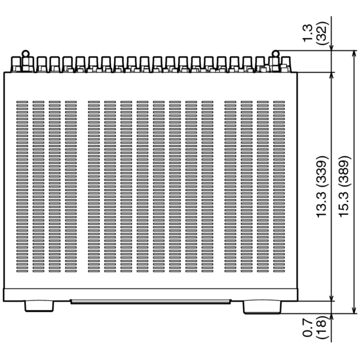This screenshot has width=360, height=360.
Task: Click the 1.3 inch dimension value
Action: click(x=308, y=33)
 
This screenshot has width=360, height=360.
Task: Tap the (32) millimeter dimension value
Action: click(x=321, y=33)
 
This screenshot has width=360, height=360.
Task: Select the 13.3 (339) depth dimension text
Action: click(x=322, y=187)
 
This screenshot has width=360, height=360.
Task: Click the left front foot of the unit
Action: click(x=39, y=306)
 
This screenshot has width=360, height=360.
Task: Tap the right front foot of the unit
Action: click(x=262, y=307)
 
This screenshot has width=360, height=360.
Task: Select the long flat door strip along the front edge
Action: click(x=151, y=301)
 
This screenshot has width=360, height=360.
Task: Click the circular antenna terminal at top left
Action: click(x=25, y=54)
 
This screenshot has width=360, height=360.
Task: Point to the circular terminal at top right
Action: click(x=275, y=54)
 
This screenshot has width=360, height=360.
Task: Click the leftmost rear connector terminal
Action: click(x=16, y=64)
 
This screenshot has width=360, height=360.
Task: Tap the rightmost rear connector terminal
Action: click(x=286, y=64)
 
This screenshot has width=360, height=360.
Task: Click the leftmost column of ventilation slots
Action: click(x=22, y=187)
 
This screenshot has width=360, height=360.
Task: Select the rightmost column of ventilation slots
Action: click(x=279, y=187)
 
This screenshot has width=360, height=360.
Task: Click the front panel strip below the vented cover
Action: click(x=151, y=295)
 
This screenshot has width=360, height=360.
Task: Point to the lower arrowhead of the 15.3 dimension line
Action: click(x=355, y=310)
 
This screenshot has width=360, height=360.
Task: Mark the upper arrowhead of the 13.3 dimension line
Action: click(x=331, y=76)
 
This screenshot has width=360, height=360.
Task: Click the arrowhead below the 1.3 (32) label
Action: click(x=331, y=46)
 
